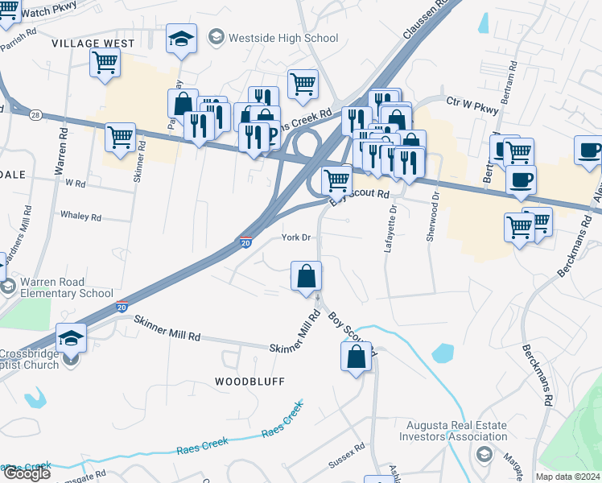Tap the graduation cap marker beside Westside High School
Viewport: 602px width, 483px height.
(x=181, y=39)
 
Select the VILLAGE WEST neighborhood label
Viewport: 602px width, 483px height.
(x=89, y=43)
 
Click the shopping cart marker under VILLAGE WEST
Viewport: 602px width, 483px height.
(x=105, y=64)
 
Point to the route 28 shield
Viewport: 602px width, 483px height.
(x=35, y=116)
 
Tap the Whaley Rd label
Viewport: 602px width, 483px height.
(x=80, y=217)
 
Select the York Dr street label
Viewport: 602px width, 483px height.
(x=295, y=237)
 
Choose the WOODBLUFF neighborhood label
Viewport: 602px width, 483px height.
(x=249, y=381)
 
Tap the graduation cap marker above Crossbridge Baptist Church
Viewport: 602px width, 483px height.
(x=71, y=339)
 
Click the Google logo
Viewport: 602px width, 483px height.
(x=27, y=473)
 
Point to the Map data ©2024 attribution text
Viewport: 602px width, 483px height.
(x=567, y=477)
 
